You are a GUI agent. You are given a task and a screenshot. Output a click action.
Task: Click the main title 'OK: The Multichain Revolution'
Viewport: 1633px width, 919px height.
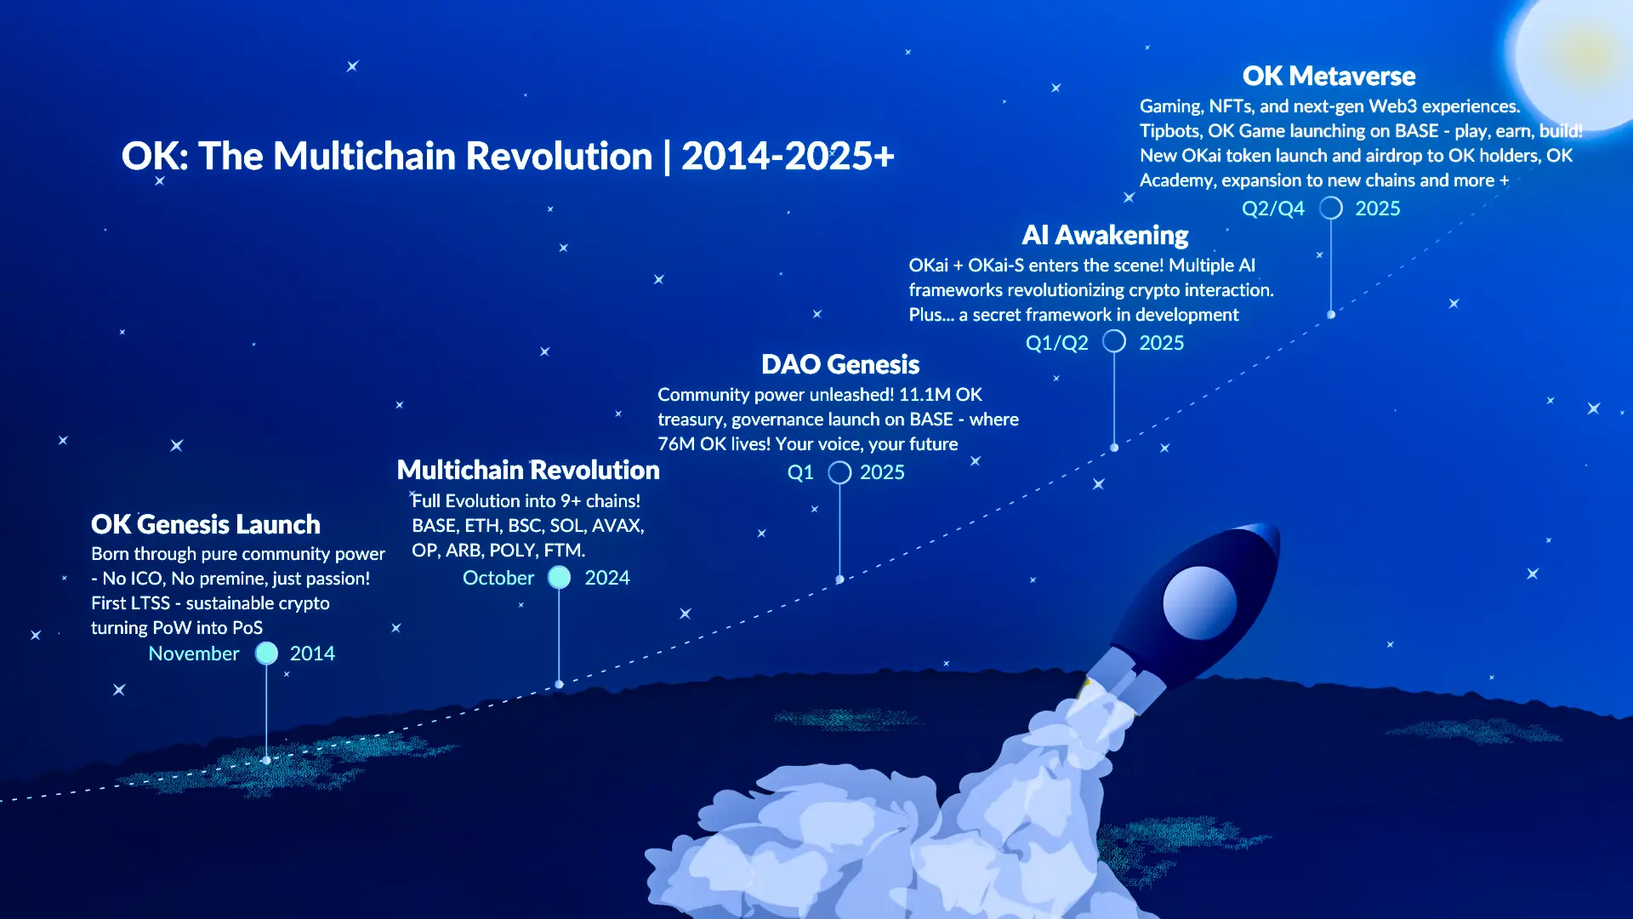387,157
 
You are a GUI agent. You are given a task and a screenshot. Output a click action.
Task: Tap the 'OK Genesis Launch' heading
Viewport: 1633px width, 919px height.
206,524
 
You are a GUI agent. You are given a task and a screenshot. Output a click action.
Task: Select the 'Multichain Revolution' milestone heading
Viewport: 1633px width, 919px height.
528,470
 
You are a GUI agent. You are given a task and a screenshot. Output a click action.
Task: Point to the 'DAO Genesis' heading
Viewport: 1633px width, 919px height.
840,364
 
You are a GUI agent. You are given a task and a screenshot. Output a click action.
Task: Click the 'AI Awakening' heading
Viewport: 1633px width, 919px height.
1105,235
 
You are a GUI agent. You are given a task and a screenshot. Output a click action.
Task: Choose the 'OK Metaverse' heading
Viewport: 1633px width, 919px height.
1329,76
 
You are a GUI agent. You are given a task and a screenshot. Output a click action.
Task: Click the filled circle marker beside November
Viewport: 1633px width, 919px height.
267,653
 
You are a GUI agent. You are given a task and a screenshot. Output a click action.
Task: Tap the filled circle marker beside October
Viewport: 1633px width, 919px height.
559,577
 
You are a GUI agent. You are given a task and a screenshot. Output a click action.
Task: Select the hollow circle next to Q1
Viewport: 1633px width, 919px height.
839,472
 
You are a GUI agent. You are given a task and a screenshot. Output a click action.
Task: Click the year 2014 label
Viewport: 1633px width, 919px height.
312,654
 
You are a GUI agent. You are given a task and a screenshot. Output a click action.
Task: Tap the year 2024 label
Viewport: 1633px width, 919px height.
607,578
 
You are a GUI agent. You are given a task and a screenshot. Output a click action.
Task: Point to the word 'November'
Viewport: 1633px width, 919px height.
194,654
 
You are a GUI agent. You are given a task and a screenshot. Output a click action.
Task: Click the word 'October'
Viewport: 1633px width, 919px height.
498,578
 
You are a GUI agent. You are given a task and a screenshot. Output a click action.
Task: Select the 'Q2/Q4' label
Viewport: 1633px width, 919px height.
1273,208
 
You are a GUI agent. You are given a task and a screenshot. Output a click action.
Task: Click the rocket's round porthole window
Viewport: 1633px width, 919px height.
1199,602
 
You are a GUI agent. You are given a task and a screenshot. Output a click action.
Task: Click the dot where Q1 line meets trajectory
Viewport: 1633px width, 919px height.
839,579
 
